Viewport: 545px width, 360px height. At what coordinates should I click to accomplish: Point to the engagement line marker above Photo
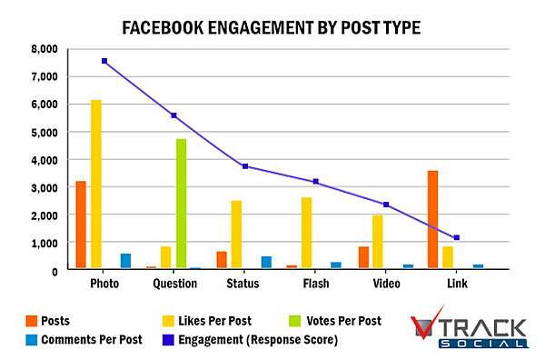(x=104, y=61)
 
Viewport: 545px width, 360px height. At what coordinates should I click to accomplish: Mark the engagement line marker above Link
(x=457, y=237)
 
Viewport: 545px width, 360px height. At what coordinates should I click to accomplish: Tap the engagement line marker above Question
(x=174, y=115)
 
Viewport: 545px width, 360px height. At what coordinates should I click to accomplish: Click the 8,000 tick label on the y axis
(x=43, y=49)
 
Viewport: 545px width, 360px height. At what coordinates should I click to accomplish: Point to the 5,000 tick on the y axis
(x=43, y=133)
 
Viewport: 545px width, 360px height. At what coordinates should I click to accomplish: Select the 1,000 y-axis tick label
(x=43, y=244)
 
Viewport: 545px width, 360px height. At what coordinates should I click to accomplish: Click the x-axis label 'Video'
(x=386, y=284)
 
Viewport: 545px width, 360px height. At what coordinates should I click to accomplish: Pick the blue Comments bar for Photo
(x=125, y=261)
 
